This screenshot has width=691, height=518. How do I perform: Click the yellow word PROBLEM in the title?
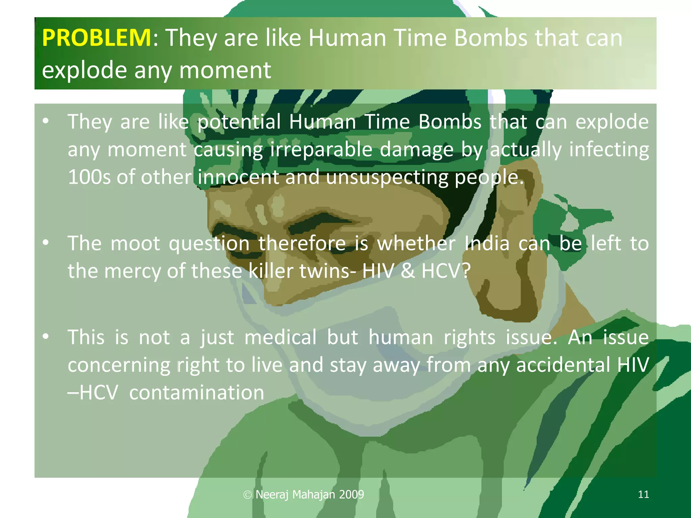[96, 37]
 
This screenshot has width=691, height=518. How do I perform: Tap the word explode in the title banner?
[84, 70]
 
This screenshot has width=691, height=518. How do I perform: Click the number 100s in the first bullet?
[89, 177]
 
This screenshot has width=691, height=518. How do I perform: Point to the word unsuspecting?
[387, 177]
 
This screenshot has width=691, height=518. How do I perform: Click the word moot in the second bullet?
[135, 243]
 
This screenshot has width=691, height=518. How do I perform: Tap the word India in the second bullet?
[487, 243]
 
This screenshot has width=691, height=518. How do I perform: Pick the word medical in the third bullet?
[280, 337]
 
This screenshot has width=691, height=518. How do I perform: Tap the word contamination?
[196, 393]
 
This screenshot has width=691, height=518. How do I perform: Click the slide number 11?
[643, 494]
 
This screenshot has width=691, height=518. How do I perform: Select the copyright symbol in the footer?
[247, 495]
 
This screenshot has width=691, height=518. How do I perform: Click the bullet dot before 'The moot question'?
[46, 242]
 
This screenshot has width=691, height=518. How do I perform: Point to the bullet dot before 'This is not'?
[46, 336]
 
